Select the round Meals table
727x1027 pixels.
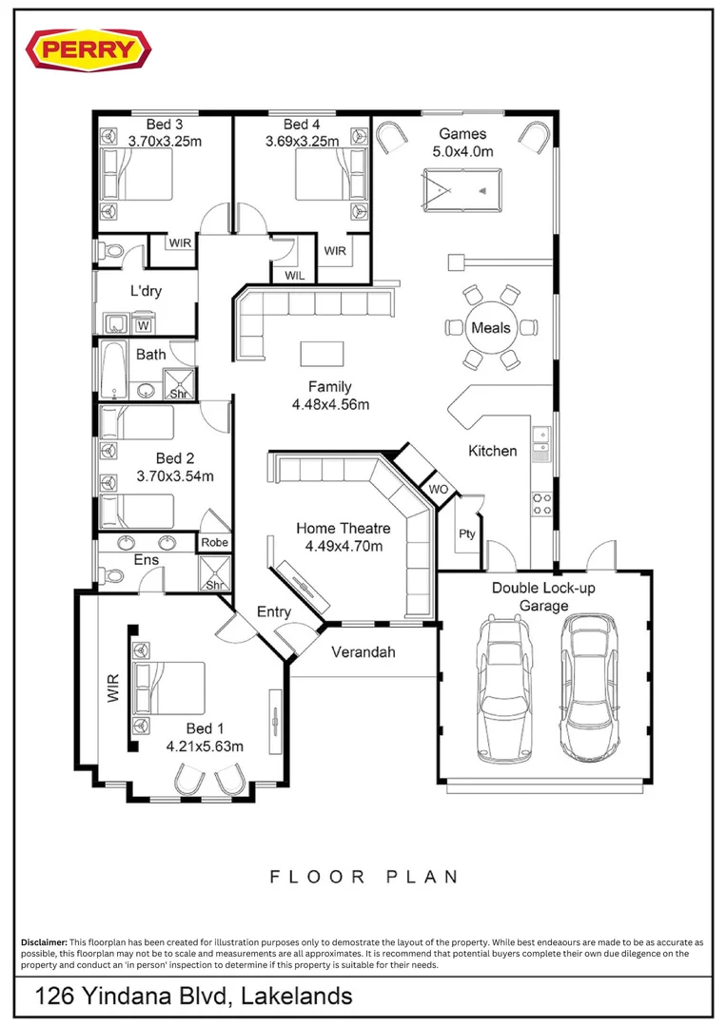tap(490, 328)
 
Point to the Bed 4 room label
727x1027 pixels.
tap(302, 125)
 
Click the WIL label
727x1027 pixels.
tap(294, 276)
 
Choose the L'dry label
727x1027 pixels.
tap(146, 291)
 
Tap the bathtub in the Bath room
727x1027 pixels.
tap(113, 370)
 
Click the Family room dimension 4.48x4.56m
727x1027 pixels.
tap(330, 404)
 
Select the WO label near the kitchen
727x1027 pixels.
tap(439, 489)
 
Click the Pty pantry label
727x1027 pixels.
tap(467, 533)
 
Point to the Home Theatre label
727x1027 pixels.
tap(343, 528)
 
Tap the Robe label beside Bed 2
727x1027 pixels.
tap(214, 542)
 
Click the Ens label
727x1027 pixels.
tap(146, 560)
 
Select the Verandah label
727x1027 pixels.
tap(363, 652)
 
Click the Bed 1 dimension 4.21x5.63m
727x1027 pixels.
tap(205, 746)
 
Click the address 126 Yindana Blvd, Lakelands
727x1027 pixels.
tap(194, 996)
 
